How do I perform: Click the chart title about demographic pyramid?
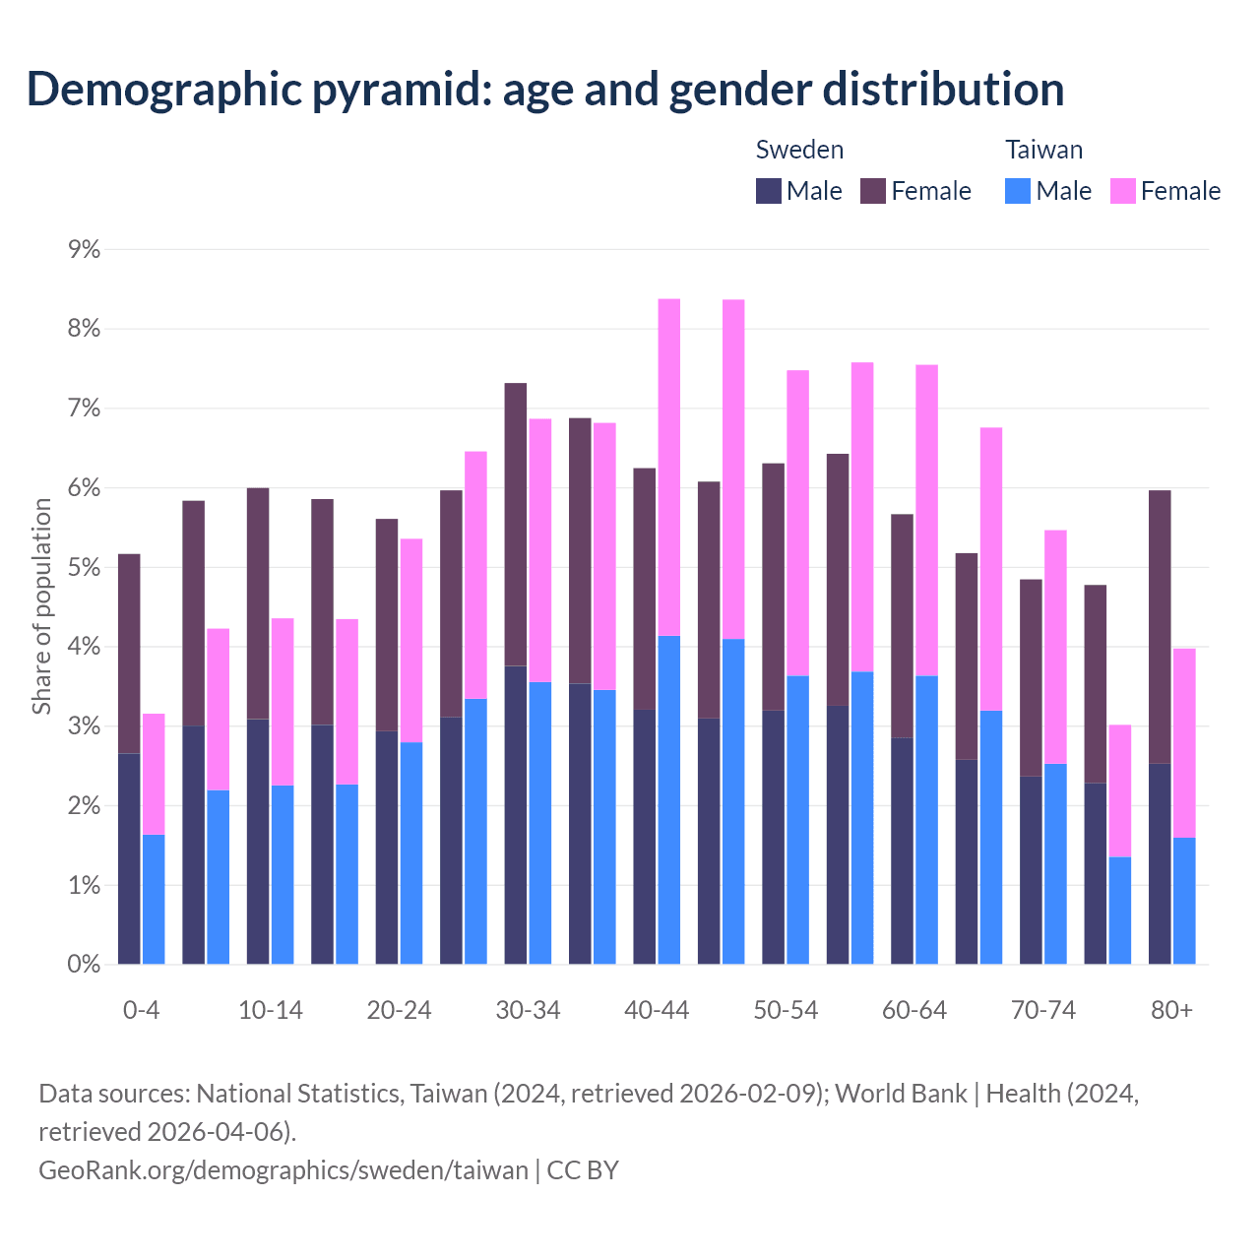(x=545, y=89)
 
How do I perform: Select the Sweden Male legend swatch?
(x=769, y=191)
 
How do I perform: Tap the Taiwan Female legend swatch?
(x=1122, y=191)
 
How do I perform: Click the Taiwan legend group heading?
(x=1043, y=150)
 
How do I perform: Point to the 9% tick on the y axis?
(x=85, y=249)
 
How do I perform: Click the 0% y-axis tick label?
(x=85, y=965)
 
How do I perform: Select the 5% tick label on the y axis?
(x=85, y=568)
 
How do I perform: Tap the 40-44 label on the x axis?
(x=657, y=1010)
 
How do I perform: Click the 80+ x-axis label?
(x=1171, y=1010)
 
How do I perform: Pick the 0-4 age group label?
(x=142, y=1010)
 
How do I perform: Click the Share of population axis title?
(x=41, y=605)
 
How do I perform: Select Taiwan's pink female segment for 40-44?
(x=669, y=468)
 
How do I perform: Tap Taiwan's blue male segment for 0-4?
(x=154, y=899)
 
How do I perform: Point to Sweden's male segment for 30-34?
(x=516, y=815)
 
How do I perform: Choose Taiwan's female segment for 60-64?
(x=926, y=520)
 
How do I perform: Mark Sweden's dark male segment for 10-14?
(x=258, y=842)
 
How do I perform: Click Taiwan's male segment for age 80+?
(x=1184, y=901)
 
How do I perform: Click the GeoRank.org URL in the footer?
(x=283, y=1169)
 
